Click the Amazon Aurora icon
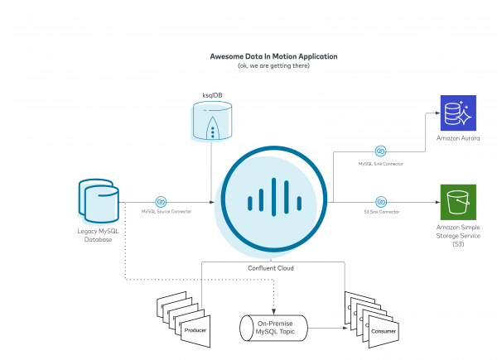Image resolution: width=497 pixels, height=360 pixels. pyautogui.click(x=457, y=113)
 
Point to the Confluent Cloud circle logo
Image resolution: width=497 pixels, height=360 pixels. pyautogui.click(x=272, y=202)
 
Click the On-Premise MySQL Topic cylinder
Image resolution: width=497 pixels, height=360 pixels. pyautogui.click(x=273, y=327)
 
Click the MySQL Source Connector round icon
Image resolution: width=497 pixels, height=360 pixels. pyautogui.click(x=162, y=202)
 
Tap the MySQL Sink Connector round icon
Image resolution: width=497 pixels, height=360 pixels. pyautogui.click(x=380, y=151)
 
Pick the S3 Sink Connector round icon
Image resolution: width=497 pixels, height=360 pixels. pyautogui.click(x=381, y=201)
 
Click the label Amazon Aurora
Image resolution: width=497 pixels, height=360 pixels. pyautogui.click(x=457, y=139)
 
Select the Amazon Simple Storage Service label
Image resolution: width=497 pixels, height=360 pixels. pyautogui.click(x=457, y=234)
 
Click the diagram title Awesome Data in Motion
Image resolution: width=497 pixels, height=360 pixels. pyautogui.click(x=273, y=56)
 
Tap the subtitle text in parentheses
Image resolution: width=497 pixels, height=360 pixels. pyautogui.click(x=273, y=65)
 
